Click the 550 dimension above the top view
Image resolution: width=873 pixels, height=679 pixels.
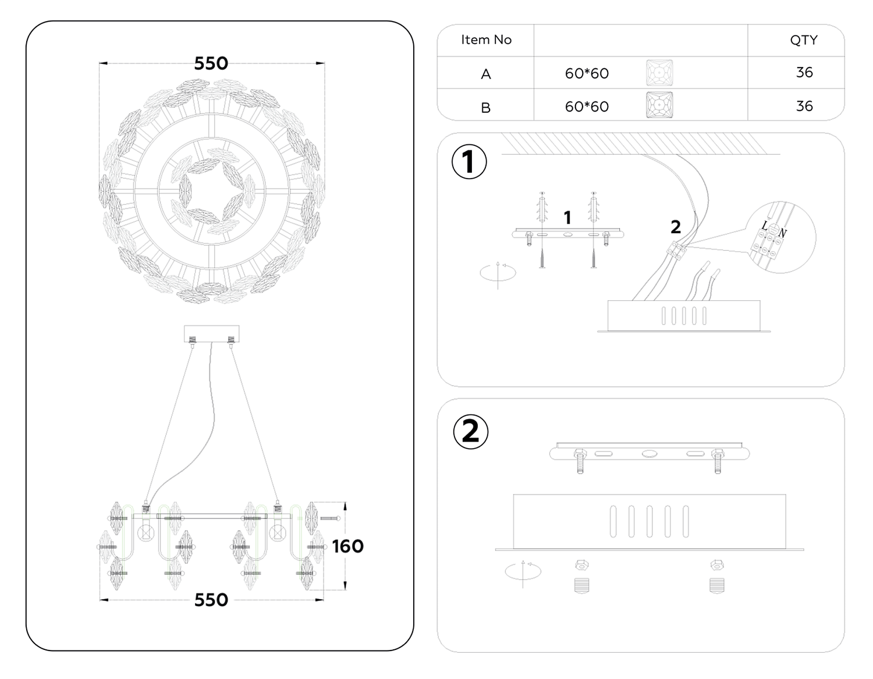[211, 63]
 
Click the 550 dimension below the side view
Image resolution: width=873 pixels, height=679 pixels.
[211, 600]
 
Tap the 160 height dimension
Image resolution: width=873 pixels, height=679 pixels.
[347, 546]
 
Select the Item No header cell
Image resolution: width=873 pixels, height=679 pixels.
[486, 40]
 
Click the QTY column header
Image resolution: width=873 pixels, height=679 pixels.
[804, 40]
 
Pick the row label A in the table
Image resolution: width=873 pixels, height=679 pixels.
[486, 74]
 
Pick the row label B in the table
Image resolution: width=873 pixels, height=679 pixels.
[486, 108]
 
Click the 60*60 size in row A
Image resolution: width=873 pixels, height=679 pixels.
[587, 73]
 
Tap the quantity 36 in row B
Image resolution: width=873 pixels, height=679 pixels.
[804, 106]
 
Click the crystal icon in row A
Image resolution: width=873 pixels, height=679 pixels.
[659, 73]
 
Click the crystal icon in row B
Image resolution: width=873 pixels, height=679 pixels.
[659, 106]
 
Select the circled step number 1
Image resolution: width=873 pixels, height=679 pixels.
[469, 162]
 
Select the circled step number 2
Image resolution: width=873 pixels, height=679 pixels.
[470, 432]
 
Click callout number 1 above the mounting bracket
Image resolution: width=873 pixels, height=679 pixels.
[567, 218]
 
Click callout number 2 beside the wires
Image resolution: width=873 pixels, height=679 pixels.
[676, 227]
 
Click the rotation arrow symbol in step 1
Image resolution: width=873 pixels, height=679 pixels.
[498, 273]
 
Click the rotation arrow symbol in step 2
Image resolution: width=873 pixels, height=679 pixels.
[523, 571]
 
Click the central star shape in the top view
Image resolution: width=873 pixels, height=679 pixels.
[212, 189]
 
